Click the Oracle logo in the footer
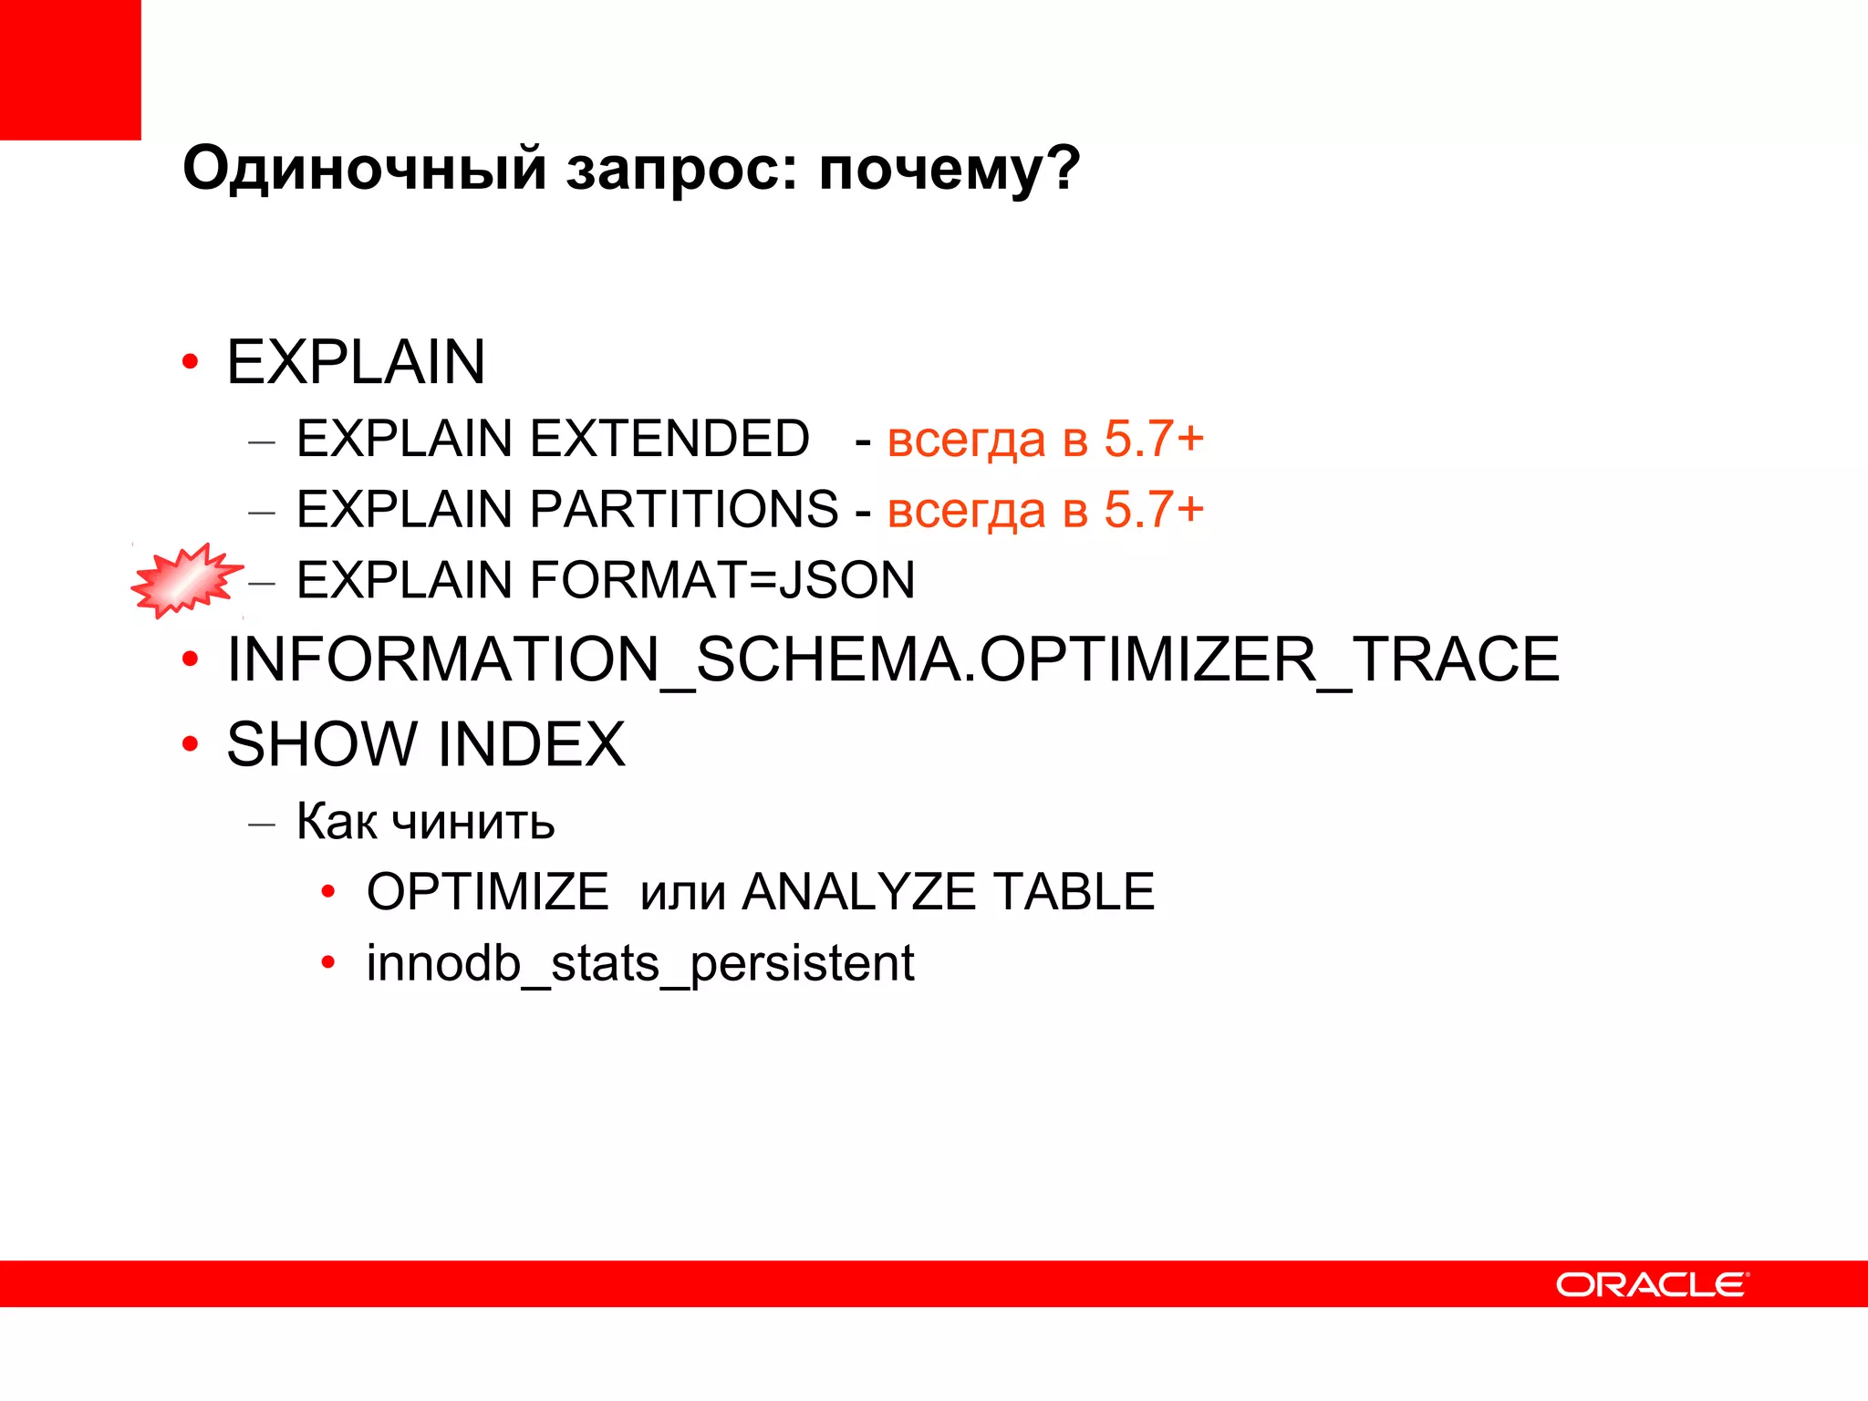[1651, 1284]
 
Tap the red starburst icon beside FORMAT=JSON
[185, 580]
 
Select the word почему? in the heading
[949, 169]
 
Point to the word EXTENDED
[669, 439]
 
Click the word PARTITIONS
[683, 509]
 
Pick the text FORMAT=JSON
[722, 580]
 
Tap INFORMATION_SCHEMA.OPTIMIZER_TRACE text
[893, 659]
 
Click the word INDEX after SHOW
[532, 744]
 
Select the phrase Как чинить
[425, 821]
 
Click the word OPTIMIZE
[487, 892]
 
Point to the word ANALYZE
[858, 892]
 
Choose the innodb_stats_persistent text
[639, 963]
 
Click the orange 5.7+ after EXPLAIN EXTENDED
[1154, 439]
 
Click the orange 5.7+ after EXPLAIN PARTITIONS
[1154, 509]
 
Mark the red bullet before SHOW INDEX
[190, 744]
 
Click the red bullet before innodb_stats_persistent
[328, 963]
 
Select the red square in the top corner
[70, 69]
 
